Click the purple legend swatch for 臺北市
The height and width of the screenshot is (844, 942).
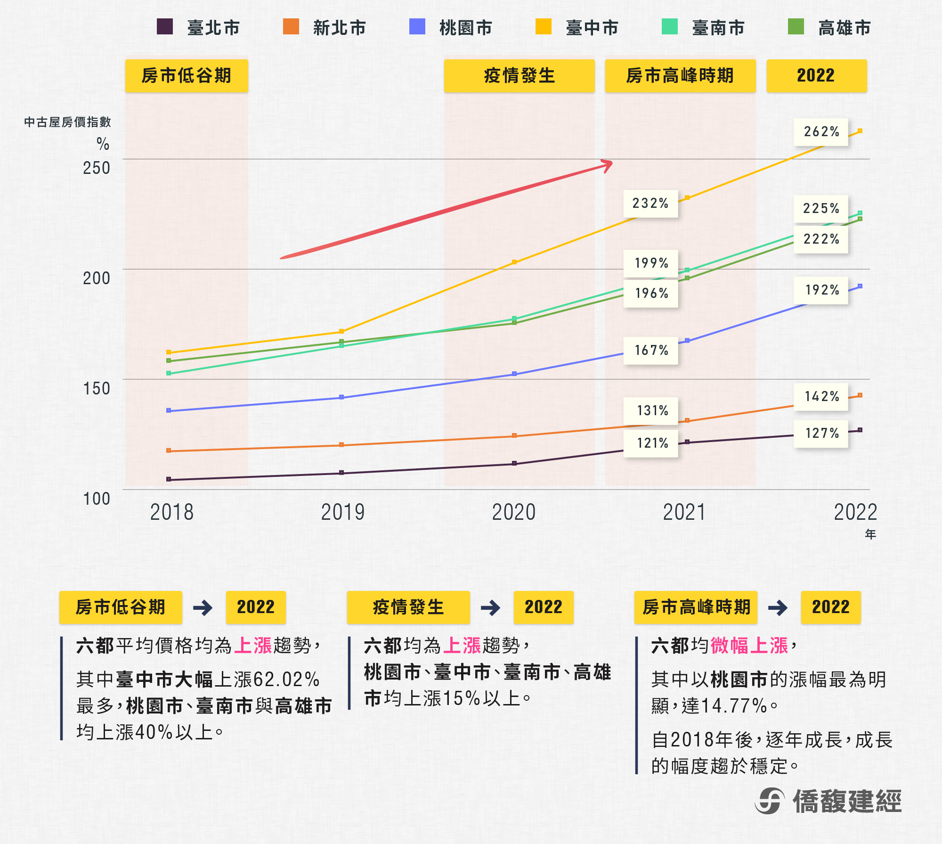tap(165, 27)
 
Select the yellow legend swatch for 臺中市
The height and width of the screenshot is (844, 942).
tap(544, 27)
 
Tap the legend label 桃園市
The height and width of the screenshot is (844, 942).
tap(465, 28)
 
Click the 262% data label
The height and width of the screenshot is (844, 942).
tap(821, 132)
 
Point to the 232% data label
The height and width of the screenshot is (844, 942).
tap(650, 204)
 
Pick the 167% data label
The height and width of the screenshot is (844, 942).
tap(651, 351)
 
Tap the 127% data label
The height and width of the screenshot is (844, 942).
tap(821, 434)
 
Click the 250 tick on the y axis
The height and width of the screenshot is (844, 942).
tap(97, 168)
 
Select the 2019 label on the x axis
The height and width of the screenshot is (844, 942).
tap(342, 512)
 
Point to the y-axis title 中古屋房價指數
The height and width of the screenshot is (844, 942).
tap(67, 122)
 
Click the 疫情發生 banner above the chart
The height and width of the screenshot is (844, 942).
tap(519, 76)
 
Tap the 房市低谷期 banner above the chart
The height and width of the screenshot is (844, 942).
tap(187, 76)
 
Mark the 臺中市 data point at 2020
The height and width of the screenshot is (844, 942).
tap(514, 262)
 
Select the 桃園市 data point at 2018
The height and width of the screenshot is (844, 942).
tap(169, 410)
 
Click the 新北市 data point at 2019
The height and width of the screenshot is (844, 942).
tap(341, 445)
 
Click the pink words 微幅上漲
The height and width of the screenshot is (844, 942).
tap(749, 645)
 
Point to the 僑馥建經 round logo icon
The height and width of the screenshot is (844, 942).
tap(770, 801)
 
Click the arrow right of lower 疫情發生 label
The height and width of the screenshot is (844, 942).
tap(490, 607)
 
